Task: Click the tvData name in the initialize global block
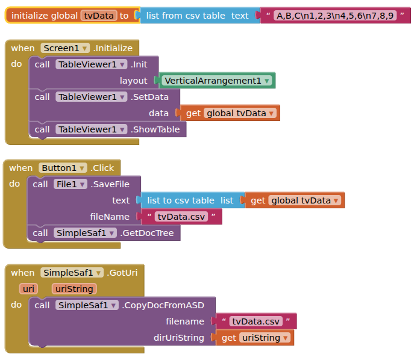coord(99,16)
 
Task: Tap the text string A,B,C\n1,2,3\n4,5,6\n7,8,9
coord(334,16)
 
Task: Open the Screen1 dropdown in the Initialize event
coord(65,48)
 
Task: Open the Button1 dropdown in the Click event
coord(63,168)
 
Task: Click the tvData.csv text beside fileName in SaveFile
coord(180,217)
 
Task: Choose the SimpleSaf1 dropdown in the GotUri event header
coord(72,273)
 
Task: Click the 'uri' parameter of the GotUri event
coord(28,289)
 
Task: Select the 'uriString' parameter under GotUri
coord(74,289)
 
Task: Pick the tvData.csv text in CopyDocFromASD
coord(256,321)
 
